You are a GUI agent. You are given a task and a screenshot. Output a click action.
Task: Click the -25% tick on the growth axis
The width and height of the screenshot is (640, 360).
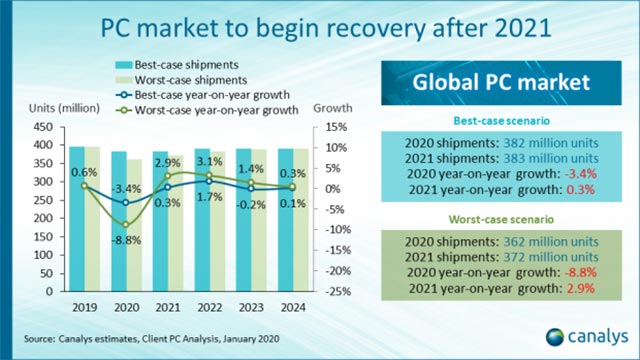(338, 291)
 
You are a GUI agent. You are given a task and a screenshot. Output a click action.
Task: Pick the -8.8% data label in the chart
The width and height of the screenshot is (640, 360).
(124, 240)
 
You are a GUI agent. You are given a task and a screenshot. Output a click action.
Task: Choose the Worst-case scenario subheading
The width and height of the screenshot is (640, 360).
(491, 216)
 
